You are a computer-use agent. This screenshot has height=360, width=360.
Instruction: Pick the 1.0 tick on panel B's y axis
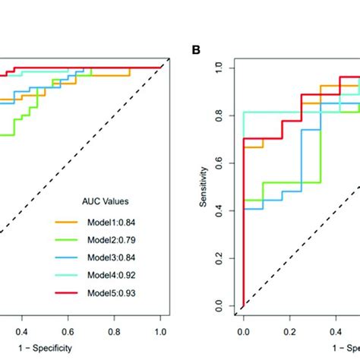220,68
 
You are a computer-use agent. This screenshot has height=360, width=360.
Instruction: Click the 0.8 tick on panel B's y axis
220,115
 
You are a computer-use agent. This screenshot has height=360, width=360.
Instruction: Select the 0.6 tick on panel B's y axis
220,163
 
